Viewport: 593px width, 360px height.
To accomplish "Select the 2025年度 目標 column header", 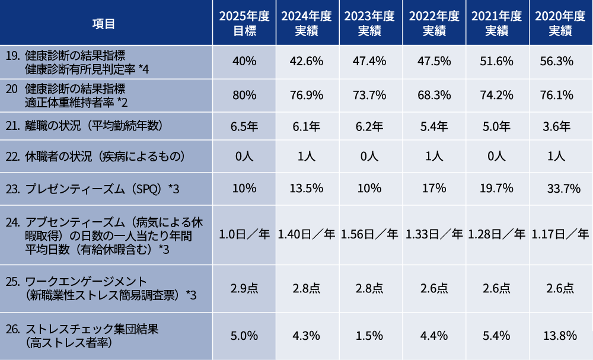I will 244,24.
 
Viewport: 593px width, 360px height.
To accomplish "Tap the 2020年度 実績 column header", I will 560,24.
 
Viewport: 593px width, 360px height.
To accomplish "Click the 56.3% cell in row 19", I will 557,61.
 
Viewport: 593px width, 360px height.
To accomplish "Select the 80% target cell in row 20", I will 244,95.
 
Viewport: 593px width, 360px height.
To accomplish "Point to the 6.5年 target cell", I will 244,126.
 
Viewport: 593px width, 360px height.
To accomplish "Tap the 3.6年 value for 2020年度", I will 557,126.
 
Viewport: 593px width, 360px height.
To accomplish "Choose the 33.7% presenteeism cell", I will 560,189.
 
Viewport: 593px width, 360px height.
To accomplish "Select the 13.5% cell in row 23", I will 307,189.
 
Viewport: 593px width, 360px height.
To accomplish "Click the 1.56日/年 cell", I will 369,234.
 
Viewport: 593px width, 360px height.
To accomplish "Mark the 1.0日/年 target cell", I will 244,234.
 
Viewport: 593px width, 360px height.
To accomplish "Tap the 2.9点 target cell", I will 244,289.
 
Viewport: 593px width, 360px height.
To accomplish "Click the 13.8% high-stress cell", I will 560,336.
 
